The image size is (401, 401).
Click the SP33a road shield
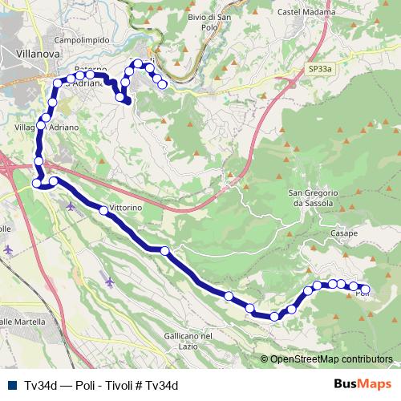(318, 71)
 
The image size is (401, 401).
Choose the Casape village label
(344, 233)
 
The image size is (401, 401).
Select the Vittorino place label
(125, 207)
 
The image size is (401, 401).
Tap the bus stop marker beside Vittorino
(103, 211)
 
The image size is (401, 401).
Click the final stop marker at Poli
(366, 289)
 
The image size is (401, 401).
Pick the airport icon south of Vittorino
(110, 282)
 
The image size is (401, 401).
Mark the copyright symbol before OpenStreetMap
(265, 359)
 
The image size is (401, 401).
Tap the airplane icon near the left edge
(9, 249)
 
